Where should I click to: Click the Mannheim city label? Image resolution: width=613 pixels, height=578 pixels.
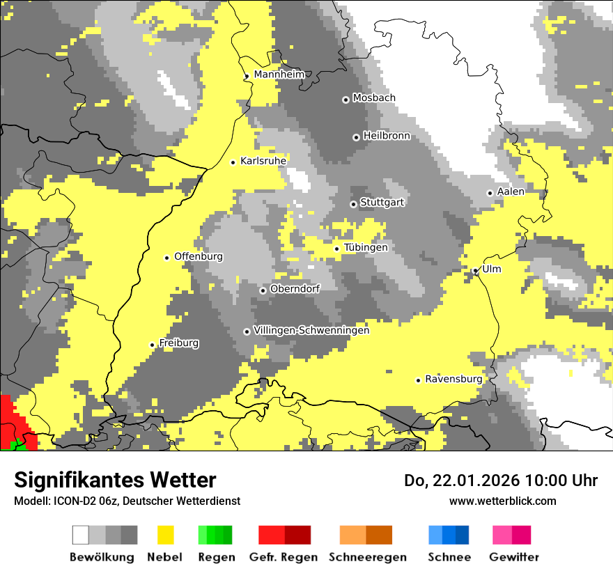click(x=279, y=75)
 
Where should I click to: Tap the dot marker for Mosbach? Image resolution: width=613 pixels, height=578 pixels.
click(x=346, y=100)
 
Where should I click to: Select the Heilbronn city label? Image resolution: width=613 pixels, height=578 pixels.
click(x=387, y=136)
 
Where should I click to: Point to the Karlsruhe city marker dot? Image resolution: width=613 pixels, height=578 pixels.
click(x=233, y=162)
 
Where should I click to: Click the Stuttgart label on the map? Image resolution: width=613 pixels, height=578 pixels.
click(x=382, y=203)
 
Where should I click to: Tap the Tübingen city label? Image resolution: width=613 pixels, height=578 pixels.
click(x=366, y=247)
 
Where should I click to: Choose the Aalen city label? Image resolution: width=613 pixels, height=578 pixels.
click(x=511, y=192)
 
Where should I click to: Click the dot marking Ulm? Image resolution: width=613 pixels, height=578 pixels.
click(x=476, y=271)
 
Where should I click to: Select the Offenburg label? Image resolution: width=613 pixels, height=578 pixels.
click(x=199, y=256)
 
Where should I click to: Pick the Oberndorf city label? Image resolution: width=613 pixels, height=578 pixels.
click(x=295, y=288)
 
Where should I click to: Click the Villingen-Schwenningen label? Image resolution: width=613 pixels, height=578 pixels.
click(x=311, y=330)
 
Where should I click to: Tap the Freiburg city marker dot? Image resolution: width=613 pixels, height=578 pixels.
click(x=152, y=345)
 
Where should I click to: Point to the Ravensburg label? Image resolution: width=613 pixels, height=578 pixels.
click(x=453, y=379)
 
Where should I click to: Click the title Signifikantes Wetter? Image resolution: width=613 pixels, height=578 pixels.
click(x=115, y=481)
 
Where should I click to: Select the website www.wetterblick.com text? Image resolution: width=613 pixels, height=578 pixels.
click(x=502, y=501)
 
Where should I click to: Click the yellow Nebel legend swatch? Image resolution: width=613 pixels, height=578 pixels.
click(x=165, y=535)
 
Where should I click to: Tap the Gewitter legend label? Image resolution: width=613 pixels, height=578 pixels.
click(x=513, y=557)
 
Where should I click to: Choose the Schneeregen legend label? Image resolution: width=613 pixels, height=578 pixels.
click(x=367, y=557)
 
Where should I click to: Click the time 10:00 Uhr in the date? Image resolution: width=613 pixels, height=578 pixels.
click(x=561, y=481)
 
